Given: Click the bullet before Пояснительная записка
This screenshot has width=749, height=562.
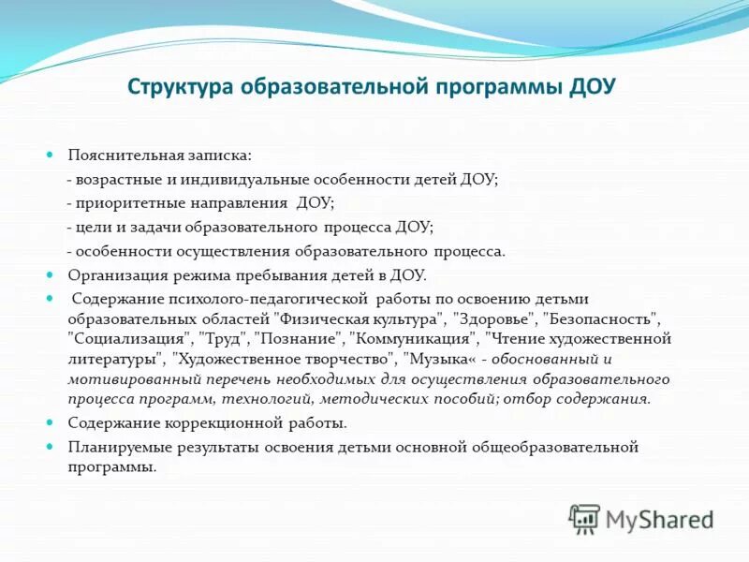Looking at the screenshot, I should (x=52, y=154).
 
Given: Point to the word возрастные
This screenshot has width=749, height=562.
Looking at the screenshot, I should (x=118, y=179).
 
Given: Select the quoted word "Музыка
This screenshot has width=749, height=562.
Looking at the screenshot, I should (x=438, y=359).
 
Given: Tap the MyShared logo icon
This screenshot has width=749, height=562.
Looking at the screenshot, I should (x=585, y=517).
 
